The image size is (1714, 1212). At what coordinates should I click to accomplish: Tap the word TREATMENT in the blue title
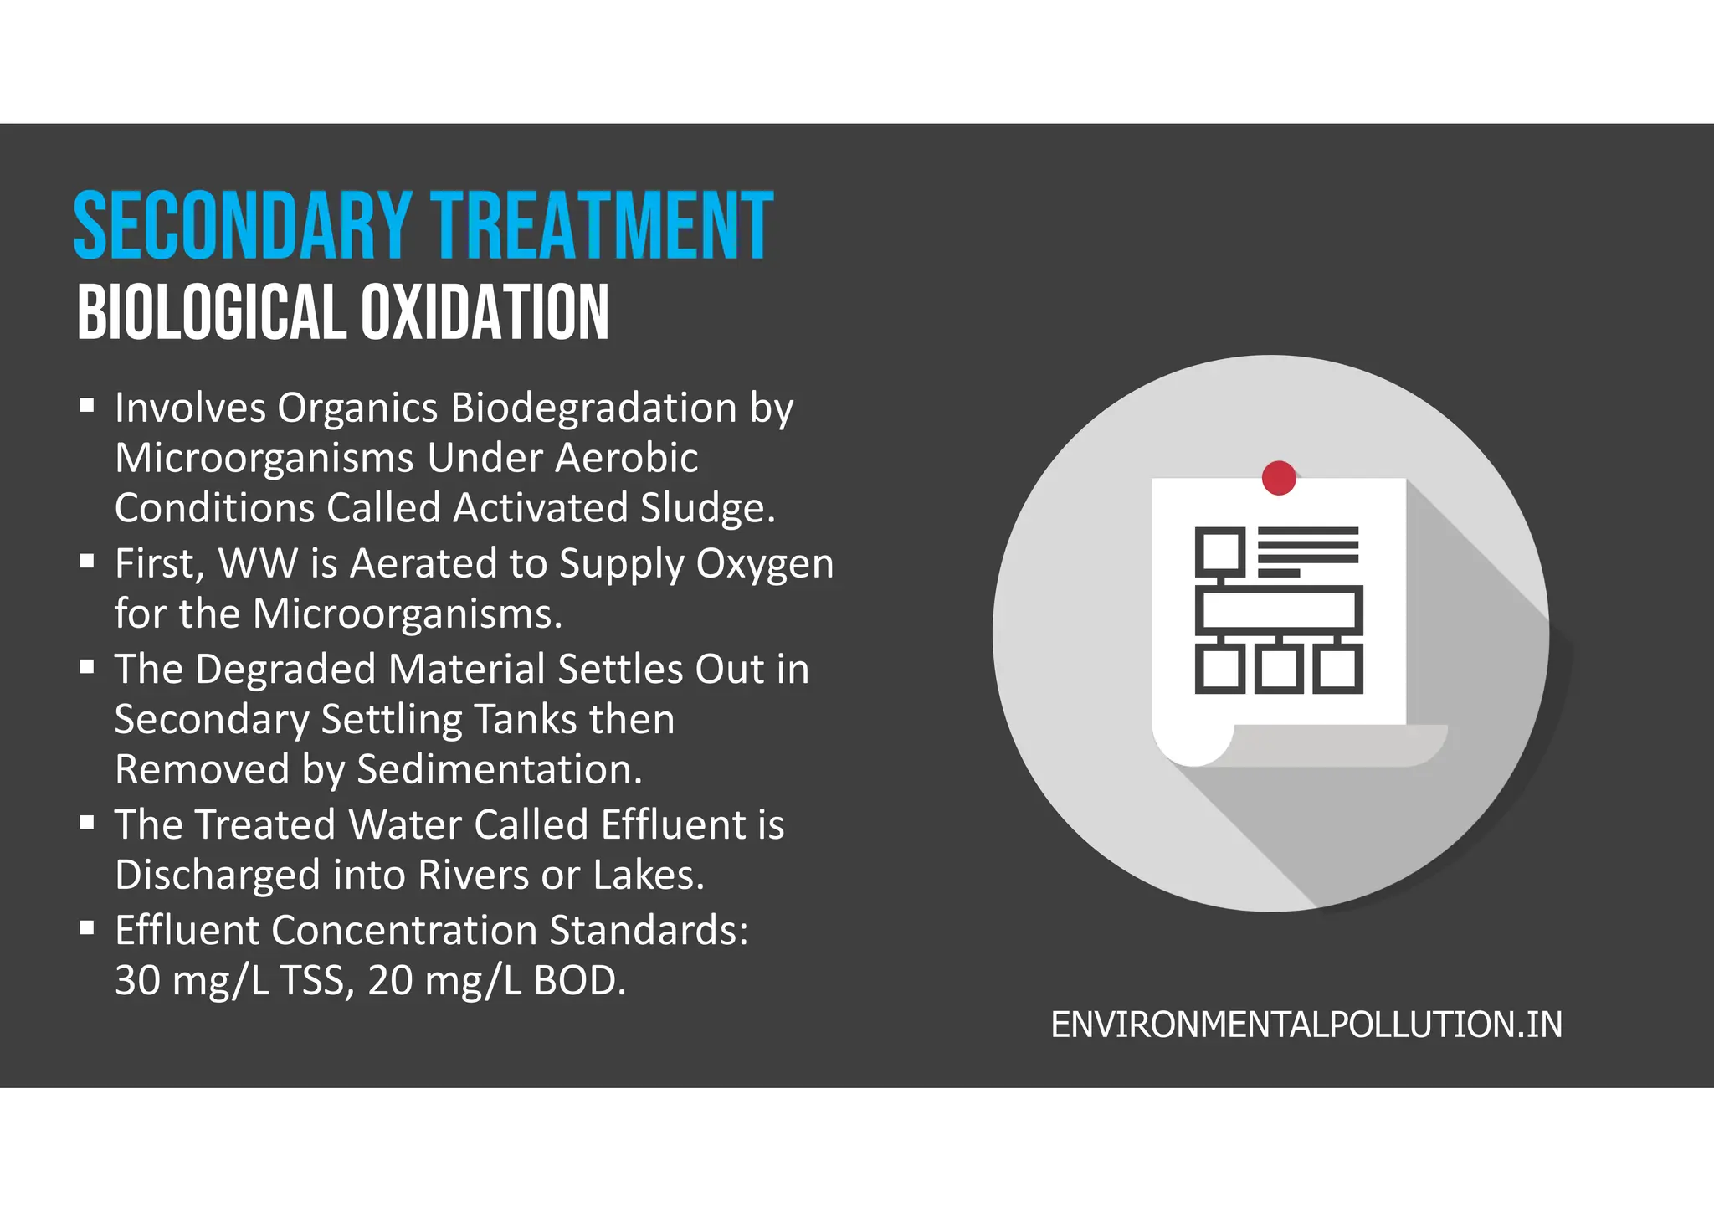coord(602,226)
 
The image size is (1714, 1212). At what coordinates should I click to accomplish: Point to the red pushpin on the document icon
coord(1278,478)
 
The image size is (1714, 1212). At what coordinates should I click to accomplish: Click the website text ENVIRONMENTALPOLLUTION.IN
coord(1306,1025)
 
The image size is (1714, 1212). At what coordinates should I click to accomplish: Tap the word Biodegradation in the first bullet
coord(593,408)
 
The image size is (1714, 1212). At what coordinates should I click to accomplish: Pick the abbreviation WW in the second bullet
coord(258,563)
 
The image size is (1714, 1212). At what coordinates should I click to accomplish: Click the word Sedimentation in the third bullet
coord(499,769)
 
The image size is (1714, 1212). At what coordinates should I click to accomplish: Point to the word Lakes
coord(648,876)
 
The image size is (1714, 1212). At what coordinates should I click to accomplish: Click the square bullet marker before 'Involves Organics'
coord(87,407)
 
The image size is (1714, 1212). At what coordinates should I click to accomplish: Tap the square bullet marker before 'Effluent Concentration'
coord(87,928)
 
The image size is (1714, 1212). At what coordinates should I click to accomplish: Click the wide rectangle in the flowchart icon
coord(1278,610)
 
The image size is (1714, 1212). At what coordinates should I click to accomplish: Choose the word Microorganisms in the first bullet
coord(264,458)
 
